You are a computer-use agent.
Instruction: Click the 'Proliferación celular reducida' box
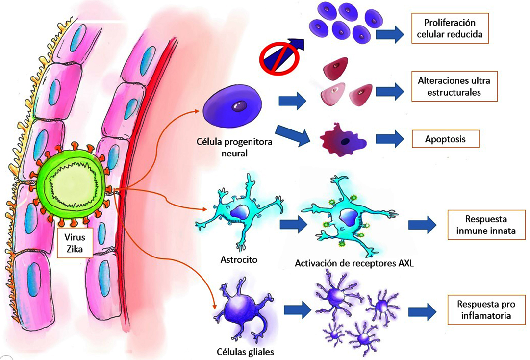[x=450, y=28]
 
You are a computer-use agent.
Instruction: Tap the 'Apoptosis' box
[x=445, y=139]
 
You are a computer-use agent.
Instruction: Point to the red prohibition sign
[x=278, y=57]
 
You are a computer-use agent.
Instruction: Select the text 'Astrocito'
[x=240, y=259]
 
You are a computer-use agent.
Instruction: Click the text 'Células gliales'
[x=245, y=352]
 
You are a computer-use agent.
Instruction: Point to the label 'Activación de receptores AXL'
[x=354, y=264]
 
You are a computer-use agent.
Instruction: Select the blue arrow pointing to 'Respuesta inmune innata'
[x=422, y=224]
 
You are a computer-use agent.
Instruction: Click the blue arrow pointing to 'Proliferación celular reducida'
[x=390, y=34]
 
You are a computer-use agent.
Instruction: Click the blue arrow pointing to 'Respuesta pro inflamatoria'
[x=422, y=309]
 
